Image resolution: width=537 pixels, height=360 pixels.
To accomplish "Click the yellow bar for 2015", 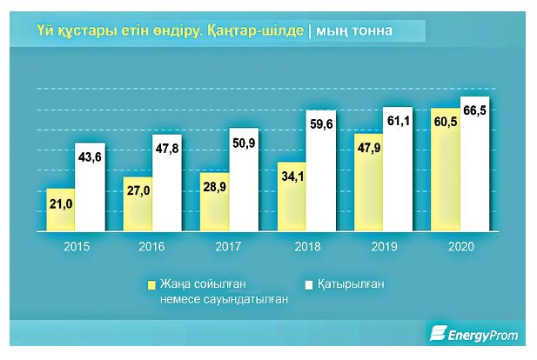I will [x=60, y=210].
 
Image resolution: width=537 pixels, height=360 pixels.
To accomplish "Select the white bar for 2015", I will [x=90, y=187].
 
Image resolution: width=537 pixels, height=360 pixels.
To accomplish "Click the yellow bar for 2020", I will [x=445, y=170].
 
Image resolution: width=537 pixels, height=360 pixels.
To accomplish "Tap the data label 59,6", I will [x=322, y=123].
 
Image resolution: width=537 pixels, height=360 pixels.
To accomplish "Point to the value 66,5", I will [x=476, y=110].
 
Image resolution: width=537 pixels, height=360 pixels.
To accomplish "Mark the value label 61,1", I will [x=399, y=119].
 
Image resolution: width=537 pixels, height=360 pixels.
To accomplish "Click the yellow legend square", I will [x=150, y=284].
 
